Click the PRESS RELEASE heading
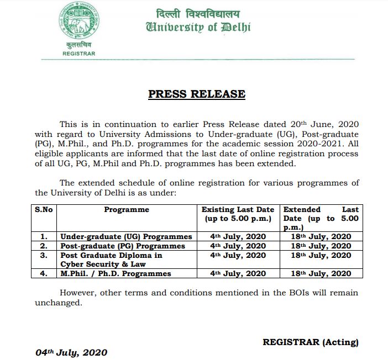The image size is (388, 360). pyautogui.click(x=196, y=94)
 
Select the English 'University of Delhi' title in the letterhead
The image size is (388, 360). pyautogui.click(x=198, y=27)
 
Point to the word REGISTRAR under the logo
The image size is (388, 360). pyautogui.click(x=79, y=54)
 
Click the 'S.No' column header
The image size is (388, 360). pyautogui.click(x=44, y=210)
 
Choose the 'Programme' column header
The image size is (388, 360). pyautogui.click(x=127, y=210)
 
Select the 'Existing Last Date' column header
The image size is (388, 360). pyautogui.click(x=238, y=214)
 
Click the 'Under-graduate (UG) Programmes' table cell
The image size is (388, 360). pyautogui.click(x=126, y=236)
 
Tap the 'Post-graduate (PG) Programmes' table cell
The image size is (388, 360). pyautogui.click(x=123, y=246)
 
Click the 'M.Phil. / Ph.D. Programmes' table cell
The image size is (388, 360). pyautogui.click(x=116, y=273)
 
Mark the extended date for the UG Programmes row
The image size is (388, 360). pyautogui.click(x=321, y=236)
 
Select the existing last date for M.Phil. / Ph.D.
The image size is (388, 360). pyautogui.click(x=238, y=273)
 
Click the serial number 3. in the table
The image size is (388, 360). pyautogui.click(x=44, y=256)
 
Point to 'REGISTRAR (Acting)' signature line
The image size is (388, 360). pyautogui.click(x=310, y=342)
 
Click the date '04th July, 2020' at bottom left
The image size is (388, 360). pyautogui.click(x=71, y=352)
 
